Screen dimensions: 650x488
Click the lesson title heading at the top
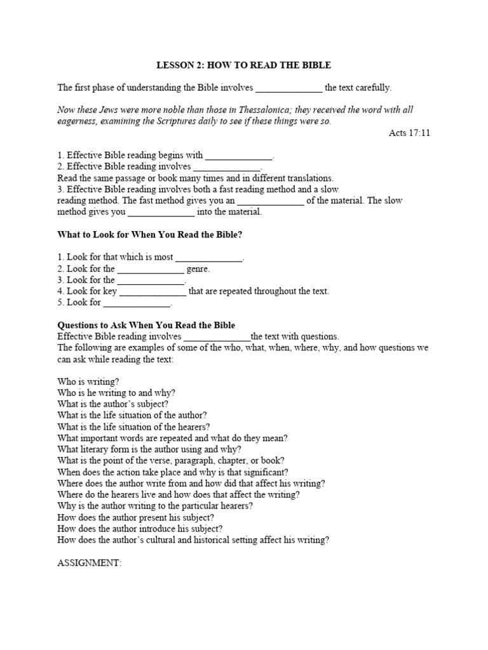244,65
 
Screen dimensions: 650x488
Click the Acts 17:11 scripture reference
409,133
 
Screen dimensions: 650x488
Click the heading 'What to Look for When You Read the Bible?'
150,235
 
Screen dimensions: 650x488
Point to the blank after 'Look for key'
153,292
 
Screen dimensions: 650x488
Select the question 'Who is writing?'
88,381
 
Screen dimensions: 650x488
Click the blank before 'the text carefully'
288,88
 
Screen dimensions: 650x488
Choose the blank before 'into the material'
161,213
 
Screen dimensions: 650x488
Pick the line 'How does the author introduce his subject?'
140,529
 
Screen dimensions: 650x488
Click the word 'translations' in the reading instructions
308,178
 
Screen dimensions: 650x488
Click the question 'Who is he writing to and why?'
116,393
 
